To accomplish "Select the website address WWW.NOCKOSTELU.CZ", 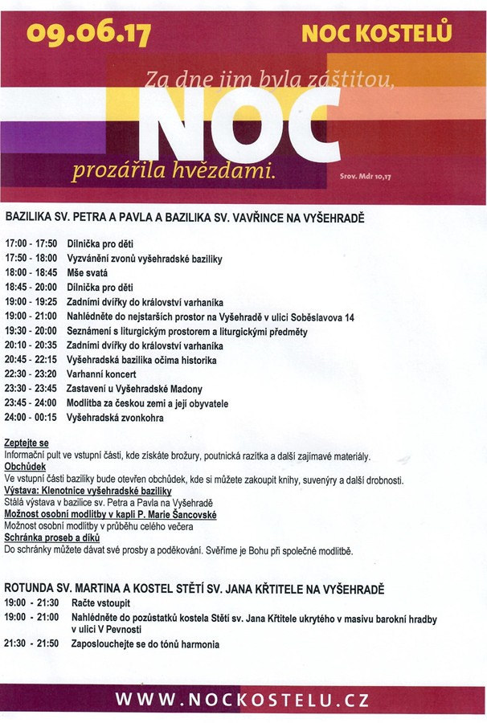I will coord(243,700).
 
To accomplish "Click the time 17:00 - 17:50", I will coord(32,243).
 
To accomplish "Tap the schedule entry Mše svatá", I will coord(92,272).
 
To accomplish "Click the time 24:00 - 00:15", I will coord(32,419).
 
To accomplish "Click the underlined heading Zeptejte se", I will coord(27,443).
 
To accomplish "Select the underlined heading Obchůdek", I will coord(25,467).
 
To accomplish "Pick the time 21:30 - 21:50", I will coord(32,644).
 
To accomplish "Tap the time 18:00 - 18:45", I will coord(32,272).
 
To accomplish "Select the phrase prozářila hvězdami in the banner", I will coord(174,170).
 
